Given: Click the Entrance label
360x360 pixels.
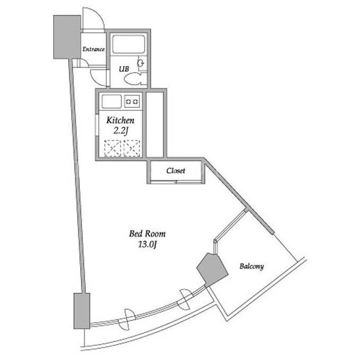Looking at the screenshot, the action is click(93, 49).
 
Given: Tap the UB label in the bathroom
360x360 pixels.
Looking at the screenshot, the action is click(124, 69).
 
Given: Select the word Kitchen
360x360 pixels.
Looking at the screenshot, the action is click(120, 120).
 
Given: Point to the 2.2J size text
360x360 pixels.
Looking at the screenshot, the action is click(120, 131).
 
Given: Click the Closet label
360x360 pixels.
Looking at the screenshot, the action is click(175, 170).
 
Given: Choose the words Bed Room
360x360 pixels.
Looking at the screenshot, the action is click(147, 234).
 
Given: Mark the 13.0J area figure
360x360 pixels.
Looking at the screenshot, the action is click(147, 245).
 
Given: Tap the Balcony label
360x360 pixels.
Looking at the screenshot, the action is click(251, 266).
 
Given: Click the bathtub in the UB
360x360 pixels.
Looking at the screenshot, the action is click(129, 44).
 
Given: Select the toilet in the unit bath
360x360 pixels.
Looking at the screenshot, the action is click(135, 79).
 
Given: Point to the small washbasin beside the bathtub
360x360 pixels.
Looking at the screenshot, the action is click(141, 62).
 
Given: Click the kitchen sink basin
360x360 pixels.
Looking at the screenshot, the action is click(111, 101).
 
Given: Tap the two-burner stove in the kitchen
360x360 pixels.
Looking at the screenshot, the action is click(132, 101).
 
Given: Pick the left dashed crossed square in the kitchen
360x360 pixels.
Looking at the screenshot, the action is click(112, 148).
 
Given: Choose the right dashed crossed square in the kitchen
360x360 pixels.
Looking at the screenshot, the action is click(132, 148).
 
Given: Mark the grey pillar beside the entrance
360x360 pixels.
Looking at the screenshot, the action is click(67, 37).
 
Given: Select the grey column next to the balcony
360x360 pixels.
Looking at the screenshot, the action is click(212, 269).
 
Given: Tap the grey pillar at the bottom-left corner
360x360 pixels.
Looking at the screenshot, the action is click(82, 311).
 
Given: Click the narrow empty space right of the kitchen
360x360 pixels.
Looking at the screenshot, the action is click(155, 124).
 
